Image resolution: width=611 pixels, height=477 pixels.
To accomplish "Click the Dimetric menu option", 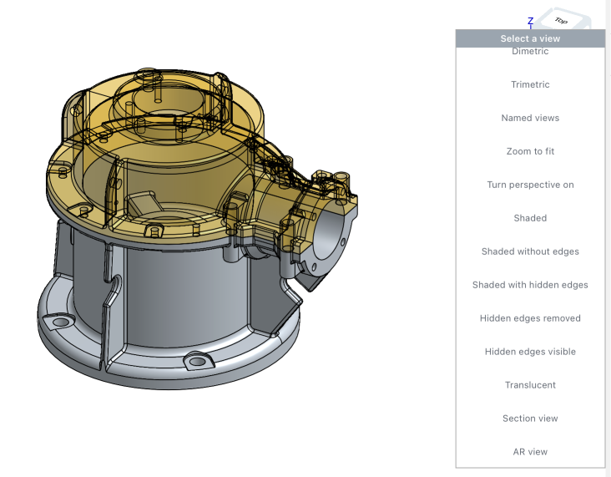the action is (530, 52).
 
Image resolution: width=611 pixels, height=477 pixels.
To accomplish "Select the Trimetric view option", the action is (530, 84).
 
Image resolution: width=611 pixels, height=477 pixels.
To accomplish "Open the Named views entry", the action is (530, 118).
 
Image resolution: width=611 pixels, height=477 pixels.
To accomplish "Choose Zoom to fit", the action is (530, 151).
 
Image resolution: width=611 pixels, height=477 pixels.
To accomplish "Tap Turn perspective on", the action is (530, 185).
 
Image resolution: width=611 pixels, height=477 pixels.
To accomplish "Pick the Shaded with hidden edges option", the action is (530, 285).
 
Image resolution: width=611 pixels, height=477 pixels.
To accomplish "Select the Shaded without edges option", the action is (530, 251).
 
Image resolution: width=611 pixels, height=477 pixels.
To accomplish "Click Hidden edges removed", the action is (530, 318).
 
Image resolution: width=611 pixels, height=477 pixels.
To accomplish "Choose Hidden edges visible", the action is (530, 352).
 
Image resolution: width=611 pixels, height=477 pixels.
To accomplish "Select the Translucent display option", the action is (530, 385).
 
